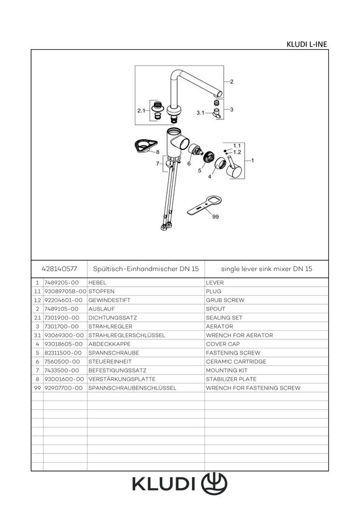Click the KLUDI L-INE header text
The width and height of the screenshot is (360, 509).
click(x=306, y=44)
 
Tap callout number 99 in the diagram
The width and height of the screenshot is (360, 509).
click(x=215, y=217)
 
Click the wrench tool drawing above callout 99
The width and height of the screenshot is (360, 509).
click(x=205, y=205)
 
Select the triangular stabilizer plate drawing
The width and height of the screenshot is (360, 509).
click(x=145, y=146)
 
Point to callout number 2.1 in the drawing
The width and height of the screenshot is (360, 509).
click(x=141, y=111)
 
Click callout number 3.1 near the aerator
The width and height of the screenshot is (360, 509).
click(x=200, y=113)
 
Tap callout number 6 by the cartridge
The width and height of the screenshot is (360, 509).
click(x=188, y=163)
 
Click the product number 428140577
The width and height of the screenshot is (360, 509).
click(x=59, y=269)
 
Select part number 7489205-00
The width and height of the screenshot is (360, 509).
click(x=61, y=283)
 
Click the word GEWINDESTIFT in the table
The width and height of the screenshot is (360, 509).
click(x=109, y=300)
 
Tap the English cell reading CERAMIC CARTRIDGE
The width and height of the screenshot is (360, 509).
click(x=236, y=361)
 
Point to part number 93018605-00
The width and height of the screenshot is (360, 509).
click(x=63, y=344)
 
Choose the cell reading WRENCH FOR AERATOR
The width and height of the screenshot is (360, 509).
click(x=239, y=335)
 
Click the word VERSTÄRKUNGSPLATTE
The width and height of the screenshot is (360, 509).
click(x=122, y=379)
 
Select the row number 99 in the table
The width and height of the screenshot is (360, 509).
click(x=37, y=388)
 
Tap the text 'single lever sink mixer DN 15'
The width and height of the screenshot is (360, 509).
click(x=267, y=269)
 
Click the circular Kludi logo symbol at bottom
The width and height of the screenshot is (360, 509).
click(x=214, y=484)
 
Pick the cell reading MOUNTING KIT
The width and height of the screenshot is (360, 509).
click(x=226, y=370)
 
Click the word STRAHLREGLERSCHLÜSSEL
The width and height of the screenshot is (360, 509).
click(x=127, y=335)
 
